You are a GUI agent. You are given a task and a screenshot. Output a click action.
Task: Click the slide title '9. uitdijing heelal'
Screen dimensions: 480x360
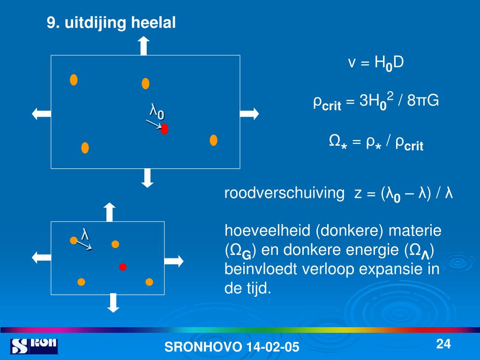point(111,23)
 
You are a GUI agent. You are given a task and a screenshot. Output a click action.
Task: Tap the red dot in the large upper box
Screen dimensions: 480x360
point(165,129)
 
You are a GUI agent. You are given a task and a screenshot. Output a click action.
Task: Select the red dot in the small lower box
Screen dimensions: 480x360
point(123,267)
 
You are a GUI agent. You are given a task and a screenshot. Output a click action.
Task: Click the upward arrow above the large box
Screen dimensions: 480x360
point(143,46)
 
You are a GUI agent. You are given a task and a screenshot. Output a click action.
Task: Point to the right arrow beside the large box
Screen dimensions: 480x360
point(249,113)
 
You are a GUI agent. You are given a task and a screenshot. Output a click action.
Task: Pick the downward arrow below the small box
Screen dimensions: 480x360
point(113,302)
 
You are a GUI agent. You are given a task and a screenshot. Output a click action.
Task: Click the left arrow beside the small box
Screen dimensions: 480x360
point(41,256)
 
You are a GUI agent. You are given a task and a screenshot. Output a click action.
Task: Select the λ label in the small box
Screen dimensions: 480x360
point(85,234)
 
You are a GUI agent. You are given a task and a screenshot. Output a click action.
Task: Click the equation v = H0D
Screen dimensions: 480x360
point(375,63)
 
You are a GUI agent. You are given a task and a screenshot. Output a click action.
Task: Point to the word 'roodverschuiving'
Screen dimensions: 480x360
point(284,194)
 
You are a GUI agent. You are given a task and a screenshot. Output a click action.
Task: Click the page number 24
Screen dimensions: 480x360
point(443,345)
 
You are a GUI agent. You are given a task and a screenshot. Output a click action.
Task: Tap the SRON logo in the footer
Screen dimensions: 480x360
point(34,345)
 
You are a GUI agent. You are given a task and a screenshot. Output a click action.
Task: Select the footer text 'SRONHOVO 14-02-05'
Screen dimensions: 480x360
point(232,347)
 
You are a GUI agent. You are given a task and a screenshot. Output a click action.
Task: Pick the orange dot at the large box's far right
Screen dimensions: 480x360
point(214,140)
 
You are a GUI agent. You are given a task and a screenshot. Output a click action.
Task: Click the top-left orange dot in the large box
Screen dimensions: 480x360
point(74,80)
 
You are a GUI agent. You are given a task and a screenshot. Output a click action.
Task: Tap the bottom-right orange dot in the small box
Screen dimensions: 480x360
point(149,282)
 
